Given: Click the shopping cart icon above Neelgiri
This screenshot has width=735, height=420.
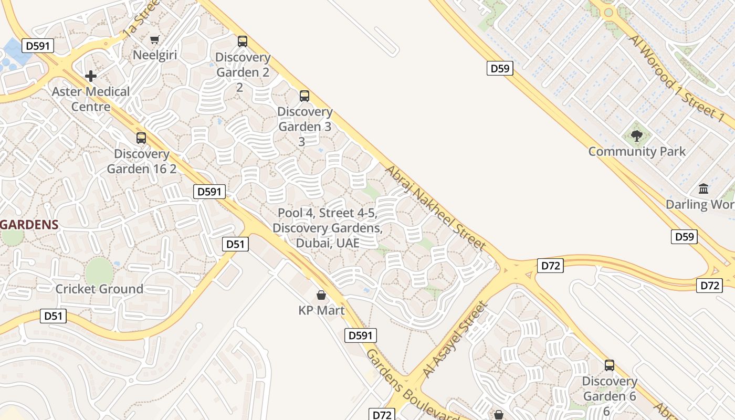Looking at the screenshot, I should (x=154, y=40).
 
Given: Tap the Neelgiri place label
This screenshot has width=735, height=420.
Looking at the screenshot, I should (x=155, y=55).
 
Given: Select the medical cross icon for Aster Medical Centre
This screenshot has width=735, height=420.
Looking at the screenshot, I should (x=91, y=76).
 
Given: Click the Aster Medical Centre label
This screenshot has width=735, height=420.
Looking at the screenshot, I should (x=91, y=99).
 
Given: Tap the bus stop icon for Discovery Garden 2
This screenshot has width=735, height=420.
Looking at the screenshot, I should (x=242, y=41).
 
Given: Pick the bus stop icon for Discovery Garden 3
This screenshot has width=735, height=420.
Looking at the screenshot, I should (x=304, y=96).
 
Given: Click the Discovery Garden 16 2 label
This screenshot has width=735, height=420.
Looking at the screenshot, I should (x=142, y=161).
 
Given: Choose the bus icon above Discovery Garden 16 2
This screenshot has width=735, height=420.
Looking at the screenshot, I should (x=141, y=138).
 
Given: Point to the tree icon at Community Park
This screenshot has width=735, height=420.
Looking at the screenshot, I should (x=637, y=136).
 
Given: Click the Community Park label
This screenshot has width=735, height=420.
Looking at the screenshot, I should (x=637, y=152).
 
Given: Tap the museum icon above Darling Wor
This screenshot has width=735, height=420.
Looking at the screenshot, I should (x=703, y=188).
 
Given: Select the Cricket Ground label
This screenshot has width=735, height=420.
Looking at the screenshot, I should (x=99, y=289).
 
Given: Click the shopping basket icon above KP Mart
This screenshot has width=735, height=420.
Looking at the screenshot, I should (x=321, y=295).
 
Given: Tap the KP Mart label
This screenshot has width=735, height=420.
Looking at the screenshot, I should (x=321, y=310).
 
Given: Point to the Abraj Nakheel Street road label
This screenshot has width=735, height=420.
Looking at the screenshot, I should (x=435, y=208).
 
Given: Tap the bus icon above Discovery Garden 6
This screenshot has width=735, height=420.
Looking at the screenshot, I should (x=609, y=365).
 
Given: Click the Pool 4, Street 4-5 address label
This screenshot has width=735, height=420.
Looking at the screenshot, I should (x=328, y=228).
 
